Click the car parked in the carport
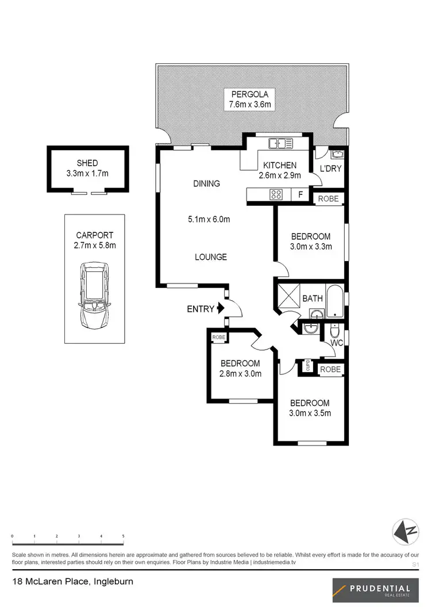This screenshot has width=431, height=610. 94,294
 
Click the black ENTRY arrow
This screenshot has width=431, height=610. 220,309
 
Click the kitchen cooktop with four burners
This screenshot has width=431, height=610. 276,195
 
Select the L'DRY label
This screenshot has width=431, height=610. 330,168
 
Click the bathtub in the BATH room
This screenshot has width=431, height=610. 335,299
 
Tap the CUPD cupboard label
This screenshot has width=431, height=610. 308,366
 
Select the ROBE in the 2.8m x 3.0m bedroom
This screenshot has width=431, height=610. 219,337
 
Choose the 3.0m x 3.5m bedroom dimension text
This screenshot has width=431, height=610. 310,413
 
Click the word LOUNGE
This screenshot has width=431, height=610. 211,257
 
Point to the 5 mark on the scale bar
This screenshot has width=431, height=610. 123,536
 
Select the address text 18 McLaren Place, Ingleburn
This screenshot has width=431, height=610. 72,582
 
